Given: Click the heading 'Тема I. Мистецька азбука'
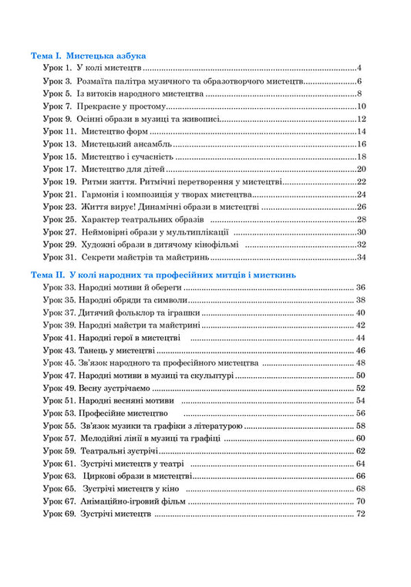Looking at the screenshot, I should coord(88,56).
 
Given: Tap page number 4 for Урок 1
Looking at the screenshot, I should coord(360,69).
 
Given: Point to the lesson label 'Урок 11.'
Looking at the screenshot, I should coord(59,132).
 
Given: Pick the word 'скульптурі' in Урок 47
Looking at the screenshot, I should coord(209,376).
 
